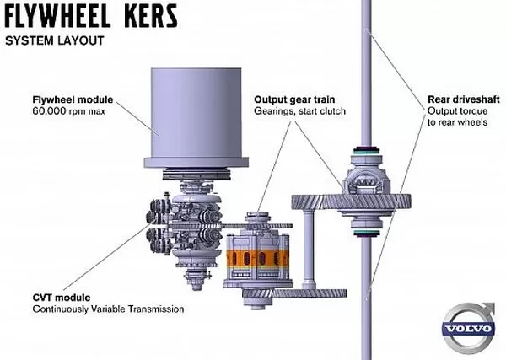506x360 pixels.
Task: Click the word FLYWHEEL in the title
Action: tap(58, 16)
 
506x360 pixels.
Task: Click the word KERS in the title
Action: tap(151, 16)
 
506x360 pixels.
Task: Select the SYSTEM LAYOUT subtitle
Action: tap(55, 41)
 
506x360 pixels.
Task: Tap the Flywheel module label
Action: tap(73, 99)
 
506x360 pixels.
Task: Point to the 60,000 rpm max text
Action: tap(69, 111)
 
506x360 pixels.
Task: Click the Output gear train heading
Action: tap(294, 99)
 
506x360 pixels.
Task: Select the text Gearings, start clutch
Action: tap(299, 111)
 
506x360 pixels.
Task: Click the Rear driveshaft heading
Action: tap(464, 99)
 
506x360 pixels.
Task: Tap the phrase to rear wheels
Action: tap(458, 122)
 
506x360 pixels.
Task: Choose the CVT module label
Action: tap(62, 298)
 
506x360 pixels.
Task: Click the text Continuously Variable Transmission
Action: tap(109, 309)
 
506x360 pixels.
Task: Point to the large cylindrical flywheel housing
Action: tap(196, 113)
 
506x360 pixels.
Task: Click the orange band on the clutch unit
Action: tap(257, 258)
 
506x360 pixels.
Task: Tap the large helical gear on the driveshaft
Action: tap(351, 202)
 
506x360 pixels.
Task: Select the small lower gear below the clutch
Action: tap(294, 293)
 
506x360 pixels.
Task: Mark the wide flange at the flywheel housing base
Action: tap(196, 163)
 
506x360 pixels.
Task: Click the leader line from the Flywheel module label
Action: tap(137, 119)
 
